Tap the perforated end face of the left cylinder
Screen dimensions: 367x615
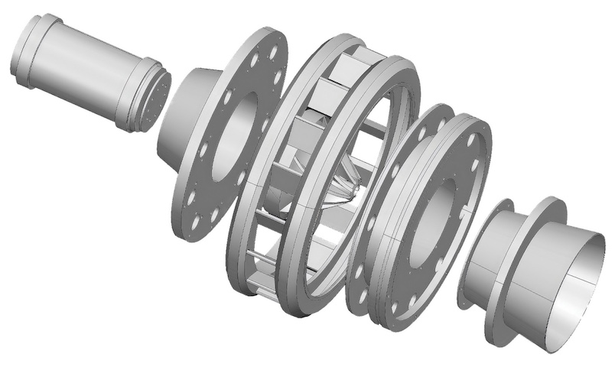coord(158,99)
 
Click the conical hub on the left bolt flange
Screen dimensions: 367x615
coord(184,115)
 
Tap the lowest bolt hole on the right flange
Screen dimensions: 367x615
coord(395,310)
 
